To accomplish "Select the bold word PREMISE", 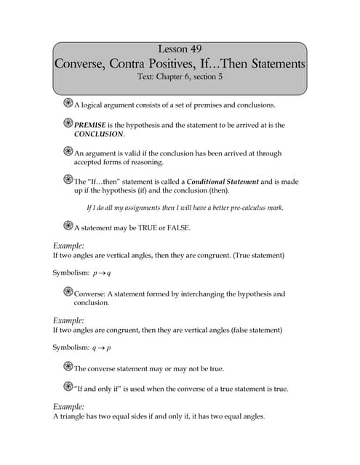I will (92, 125).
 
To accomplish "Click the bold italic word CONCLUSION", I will (99, 134).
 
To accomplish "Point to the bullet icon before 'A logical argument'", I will (68, 103).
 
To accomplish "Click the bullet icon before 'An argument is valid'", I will (68, 152).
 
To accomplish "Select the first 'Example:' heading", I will (68, 246).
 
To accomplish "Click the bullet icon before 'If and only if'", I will (68, 387).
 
